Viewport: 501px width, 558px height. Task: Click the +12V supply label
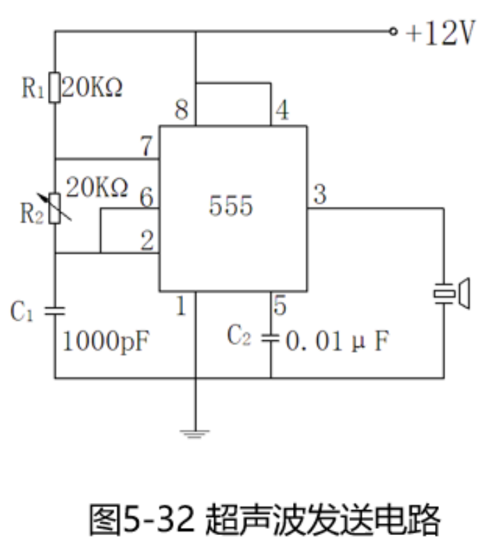pyautogui.click(x=442, y=33)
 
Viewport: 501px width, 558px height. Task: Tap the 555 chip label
pyautogui.click(x=231, y=207)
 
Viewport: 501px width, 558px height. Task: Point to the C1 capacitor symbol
pyautogui.click(x=55, y=310)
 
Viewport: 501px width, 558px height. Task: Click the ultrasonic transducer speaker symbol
pyautogui.click(x=454, y=294)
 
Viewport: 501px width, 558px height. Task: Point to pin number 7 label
pyautogui.click(x=145, y=146)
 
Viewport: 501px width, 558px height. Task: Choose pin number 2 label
pyautogui.click(x=146, y=241)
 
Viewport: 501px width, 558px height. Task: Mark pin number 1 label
pyautogui.click(x=181, y=306)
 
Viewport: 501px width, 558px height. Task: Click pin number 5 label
pyautogui.click(x=280, y=305)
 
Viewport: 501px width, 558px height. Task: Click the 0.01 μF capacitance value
pyautogui.click(x=333, y=342)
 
